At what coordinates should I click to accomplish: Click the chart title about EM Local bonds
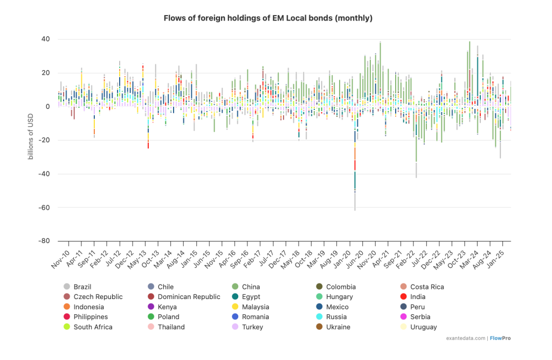click(x=268, y=18)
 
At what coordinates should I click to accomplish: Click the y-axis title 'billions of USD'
click(x=31, y=139)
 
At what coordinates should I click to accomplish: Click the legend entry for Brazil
click(x=82, y=287)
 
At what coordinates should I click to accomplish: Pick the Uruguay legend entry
click(x=423, y=327)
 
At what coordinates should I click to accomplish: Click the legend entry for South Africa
click(x=91, y=327)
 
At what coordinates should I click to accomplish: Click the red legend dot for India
click(x=403, y=296)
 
